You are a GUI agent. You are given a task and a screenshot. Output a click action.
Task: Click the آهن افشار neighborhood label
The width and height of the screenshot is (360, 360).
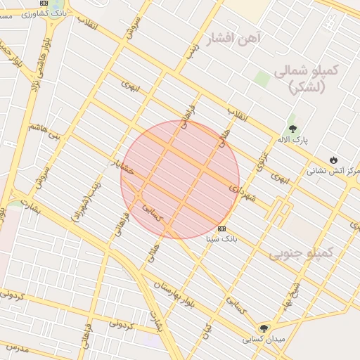click(235, 37)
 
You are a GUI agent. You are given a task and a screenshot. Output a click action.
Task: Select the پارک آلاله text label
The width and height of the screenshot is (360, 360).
click(292, 140)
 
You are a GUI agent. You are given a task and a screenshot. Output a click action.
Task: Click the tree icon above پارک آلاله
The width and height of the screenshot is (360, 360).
click(293, 129)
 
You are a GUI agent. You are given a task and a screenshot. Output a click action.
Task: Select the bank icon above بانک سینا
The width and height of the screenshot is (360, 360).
click(222, 229)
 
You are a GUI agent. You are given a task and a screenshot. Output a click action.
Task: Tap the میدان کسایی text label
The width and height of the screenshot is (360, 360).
click(264, 338)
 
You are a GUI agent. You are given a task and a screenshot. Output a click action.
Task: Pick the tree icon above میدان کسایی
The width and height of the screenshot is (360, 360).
click(264, 328)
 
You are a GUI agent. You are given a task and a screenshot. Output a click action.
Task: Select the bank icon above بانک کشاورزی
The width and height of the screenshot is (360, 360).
click(45, 3)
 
